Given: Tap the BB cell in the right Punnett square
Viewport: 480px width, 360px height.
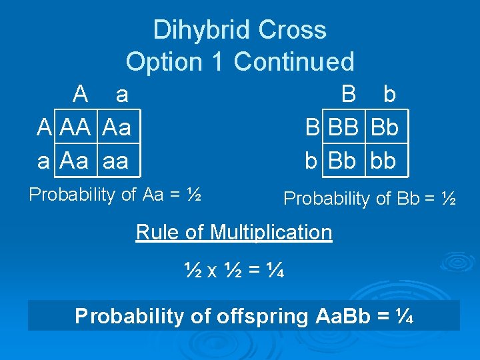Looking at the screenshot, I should pos(343,127).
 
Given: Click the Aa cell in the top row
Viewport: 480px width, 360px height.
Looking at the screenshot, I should pos(118,127).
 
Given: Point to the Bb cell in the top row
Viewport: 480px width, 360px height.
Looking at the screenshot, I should pos(385,127).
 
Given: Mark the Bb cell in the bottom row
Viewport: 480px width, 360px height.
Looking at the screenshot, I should pos(343,161).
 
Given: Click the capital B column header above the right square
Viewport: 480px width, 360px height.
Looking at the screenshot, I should pos(348,95).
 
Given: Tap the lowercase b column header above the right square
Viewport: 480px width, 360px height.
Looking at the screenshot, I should pos(389,95).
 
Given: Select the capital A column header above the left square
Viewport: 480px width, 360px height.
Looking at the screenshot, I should pos(81,95).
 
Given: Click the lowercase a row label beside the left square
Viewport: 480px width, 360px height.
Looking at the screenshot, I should pos(43,161).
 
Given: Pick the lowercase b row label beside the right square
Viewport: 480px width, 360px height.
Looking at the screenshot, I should pos(311,161).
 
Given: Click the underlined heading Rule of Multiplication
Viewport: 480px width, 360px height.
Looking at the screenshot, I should pos(234,233).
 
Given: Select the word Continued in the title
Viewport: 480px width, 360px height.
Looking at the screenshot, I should pos(294,62).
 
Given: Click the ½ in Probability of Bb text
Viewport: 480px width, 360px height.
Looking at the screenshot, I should pos(449,198).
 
